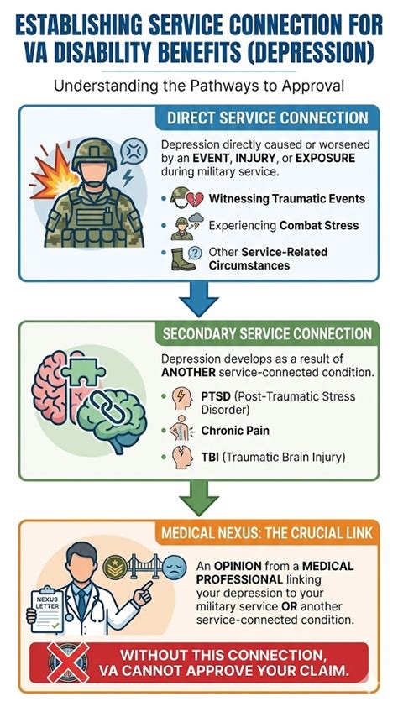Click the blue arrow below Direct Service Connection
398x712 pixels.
tap(198, 298)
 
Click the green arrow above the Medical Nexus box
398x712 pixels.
tap(198, 498)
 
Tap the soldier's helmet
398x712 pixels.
tap(94, 154)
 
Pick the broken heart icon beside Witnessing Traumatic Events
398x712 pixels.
tap(187, 198)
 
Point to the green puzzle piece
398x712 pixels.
tap(84, 371)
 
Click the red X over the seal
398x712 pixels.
tap(68, 662)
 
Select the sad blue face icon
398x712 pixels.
tap(175, 567)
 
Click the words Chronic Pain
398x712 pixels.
tap(235, 431)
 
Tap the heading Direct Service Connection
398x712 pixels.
tap(267, 118)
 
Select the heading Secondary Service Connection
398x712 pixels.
tap(267, 334)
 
